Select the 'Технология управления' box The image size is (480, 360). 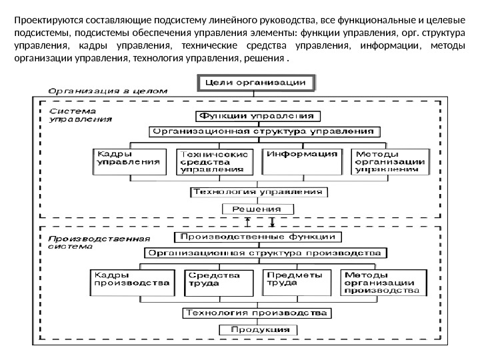point(259,193)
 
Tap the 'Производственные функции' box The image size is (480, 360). point(258,237)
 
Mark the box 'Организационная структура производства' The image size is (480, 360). point(265,253)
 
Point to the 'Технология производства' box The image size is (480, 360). point(257,313)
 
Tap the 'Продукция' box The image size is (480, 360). point(257,329)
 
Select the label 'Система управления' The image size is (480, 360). point(81,117)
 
